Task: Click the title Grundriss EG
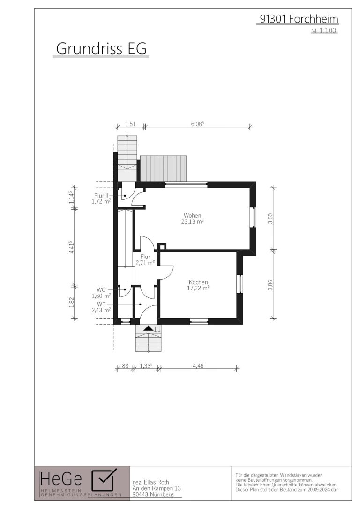101,48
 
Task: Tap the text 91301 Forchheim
299,19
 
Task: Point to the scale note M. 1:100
323,31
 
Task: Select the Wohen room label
192,215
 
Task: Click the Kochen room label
198,282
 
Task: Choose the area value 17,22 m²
198,288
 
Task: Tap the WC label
101,289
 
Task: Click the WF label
101,304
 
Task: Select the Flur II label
101,196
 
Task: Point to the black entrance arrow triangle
148,328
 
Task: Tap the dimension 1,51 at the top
130,124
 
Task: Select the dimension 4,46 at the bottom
198,366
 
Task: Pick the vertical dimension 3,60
270,218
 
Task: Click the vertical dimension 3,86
270,285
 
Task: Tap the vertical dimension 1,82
72,303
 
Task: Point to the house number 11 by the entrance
157,329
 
